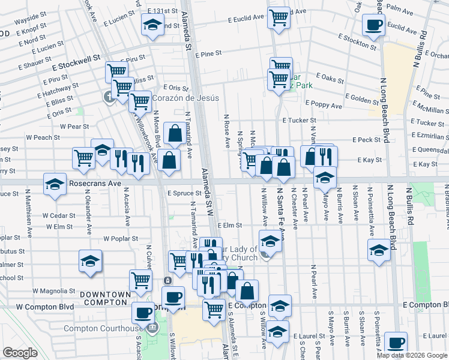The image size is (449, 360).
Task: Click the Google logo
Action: tap(20, 353)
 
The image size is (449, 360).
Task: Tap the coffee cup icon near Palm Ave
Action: tap(373, 26)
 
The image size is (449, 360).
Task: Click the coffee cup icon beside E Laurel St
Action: tap(396, 343)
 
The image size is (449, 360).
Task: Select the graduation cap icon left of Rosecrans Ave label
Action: tap(55, 184)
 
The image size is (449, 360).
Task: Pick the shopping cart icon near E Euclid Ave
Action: tap(279, 18)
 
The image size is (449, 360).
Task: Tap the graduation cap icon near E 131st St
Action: tap(152, 25)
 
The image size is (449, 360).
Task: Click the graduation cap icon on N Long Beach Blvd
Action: tap(379, 250)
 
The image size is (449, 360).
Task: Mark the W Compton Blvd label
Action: tap(45, 307)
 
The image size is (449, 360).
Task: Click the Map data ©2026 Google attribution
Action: tap(412, 355)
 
